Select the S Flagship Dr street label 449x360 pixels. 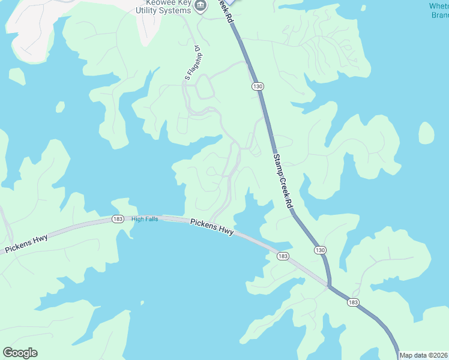(191, 62)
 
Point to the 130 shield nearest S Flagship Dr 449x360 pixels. (258, 87)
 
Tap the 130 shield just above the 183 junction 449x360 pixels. (320, 250)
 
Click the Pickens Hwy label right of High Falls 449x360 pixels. (212, 226)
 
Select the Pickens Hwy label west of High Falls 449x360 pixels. (26, 243)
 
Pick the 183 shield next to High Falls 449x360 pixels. (118, 219)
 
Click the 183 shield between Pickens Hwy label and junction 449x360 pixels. (283, 256)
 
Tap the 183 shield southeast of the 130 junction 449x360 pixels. (354, 304)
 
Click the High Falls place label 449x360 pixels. (145, 219)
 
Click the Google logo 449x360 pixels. (20, 353)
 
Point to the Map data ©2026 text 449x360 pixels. (423, 355)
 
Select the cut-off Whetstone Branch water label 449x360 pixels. (439, 10)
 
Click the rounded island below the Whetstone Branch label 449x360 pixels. (426, 133)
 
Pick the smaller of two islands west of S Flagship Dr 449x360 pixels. (60, 107)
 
